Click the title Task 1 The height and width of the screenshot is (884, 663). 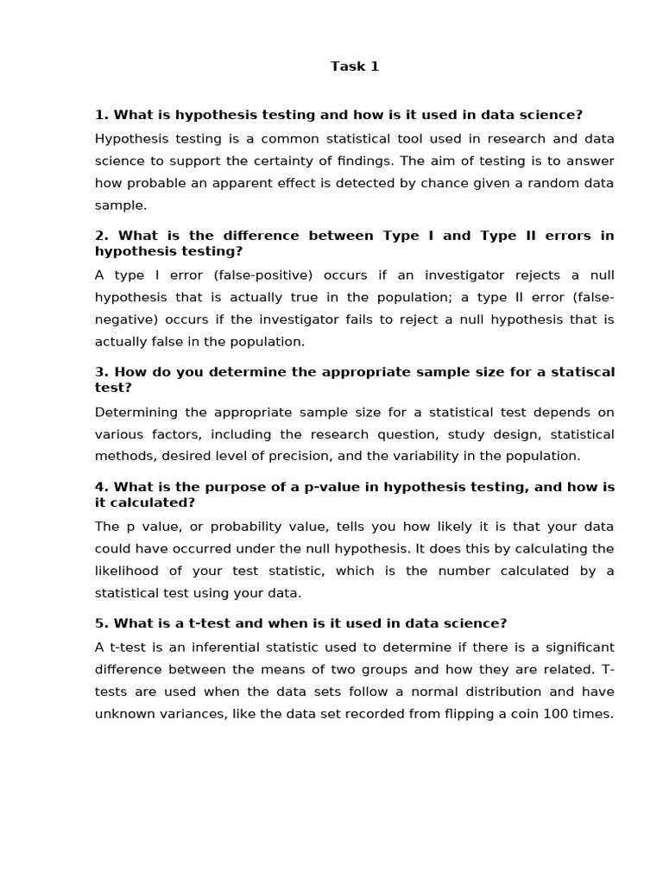[x=355, y=66]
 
